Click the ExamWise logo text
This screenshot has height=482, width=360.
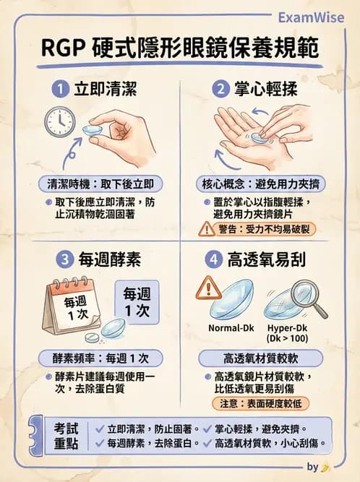point(314,18)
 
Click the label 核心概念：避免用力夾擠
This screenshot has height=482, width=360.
point(260,184)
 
